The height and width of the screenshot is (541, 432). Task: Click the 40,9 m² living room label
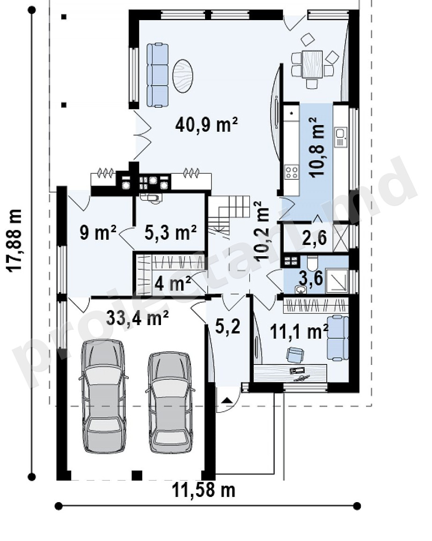click(x=206, y=124)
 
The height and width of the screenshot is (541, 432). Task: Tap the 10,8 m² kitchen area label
click(x=317, y=148)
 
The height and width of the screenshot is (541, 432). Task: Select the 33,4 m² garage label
click(x=137, y=318)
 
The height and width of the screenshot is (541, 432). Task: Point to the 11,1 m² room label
click(x=299, y=332)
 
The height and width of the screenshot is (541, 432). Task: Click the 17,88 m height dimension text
click(x=15, y=240)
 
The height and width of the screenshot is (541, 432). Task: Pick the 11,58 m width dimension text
click(x=204, y=490)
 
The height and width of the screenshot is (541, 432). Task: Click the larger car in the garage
click(x=103, y=396)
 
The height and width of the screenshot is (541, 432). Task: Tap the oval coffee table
click(x=183, y=76)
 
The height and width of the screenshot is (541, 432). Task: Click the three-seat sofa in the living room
click(x=158, y=75)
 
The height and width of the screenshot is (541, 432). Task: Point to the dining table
click(x=312, y=64)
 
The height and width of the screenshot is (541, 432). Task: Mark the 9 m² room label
click(x=98, y=233)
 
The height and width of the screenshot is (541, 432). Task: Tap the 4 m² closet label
click(x=173, y=284)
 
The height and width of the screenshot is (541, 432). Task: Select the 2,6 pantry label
click(x=314, y=238)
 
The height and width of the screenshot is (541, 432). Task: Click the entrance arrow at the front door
click(x=227, y=400)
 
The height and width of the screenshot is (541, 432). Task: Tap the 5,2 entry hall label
click(x=227, y=326)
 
